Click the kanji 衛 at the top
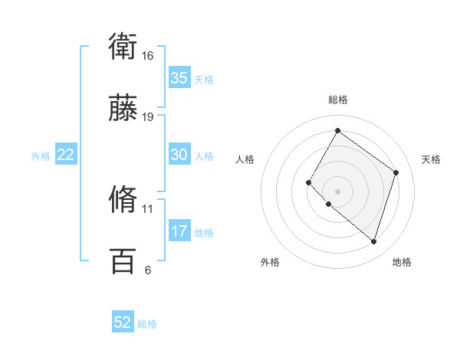click(123, 47)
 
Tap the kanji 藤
click(123, 108)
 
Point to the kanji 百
click(123, 260)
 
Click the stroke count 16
click(147, 56)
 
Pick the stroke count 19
click(147, 116)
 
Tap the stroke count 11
click(147, 208)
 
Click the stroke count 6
click(147, 270)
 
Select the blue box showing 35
click(179, 78)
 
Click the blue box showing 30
click(179, 155)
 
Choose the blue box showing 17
click(179, 231)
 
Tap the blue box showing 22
click(66, 155)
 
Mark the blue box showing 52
click(123, 322)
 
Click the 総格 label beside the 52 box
click(147, 324)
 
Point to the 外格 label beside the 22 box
click(41, 156)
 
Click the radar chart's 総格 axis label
click(337, 100)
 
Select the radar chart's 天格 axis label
click(431, 159)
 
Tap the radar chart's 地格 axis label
click(402, 262)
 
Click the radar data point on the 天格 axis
click(396, 172)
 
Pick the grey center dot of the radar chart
click(337, 191)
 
